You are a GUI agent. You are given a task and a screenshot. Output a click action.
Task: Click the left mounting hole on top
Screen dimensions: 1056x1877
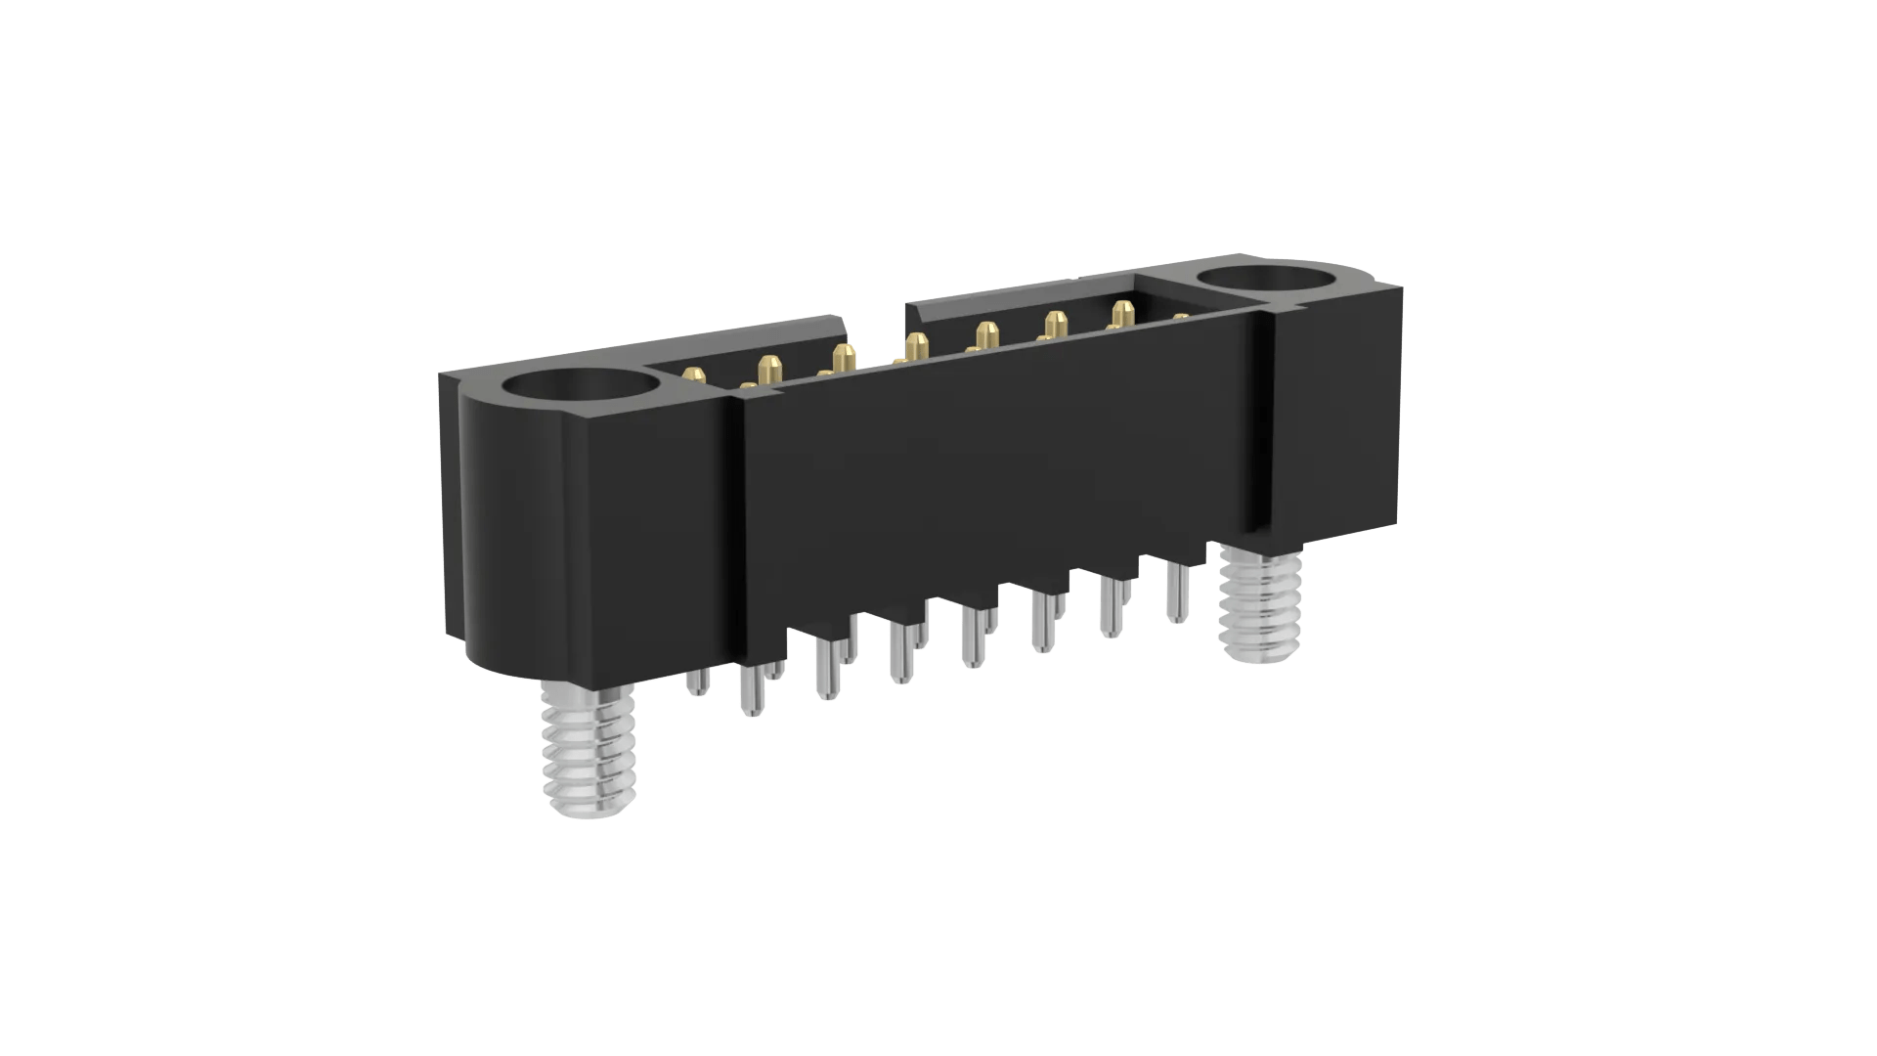point(580,398)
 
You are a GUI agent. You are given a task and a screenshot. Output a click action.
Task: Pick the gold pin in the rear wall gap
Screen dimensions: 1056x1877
point(915,345)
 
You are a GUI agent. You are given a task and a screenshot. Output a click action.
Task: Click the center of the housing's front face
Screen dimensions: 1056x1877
point(1007,460)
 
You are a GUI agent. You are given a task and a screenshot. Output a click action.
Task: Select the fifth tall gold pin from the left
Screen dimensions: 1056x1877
point(985,334)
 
